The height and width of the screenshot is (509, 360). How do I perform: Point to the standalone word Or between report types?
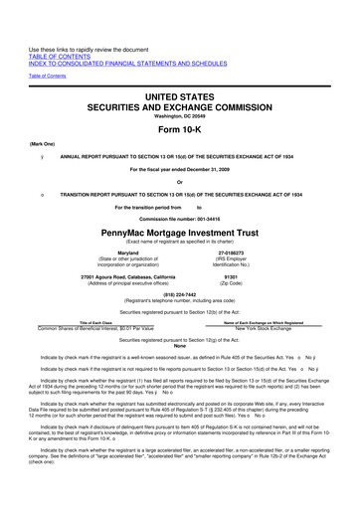[179, 180]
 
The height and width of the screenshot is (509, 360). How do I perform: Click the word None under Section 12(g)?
[179, 345]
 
